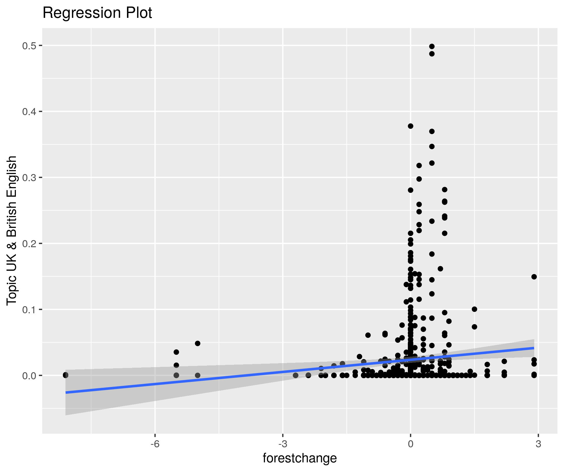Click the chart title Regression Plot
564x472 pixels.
coord(97,13)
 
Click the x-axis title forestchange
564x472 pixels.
coord(300,458)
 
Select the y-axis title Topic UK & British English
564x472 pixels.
coord(12,230)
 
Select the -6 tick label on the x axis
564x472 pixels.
coord(155,444)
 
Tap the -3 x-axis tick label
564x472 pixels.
coord(283,444)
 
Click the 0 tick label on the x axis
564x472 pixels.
coord(410,444)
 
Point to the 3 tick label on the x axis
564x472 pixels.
coord(538,444)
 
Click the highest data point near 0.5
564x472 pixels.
coord(432,46)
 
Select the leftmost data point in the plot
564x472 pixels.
coord(65,375)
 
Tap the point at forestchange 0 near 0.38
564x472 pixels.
coord(410,126)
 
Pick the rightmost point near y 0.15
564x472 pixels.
coord(534,277)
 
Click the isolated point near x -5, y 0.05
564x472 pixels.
coord(198,343)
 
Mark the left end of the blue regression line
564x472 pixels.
coord(66,393)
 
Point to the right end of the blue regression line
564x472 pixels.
coord(534,348)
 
